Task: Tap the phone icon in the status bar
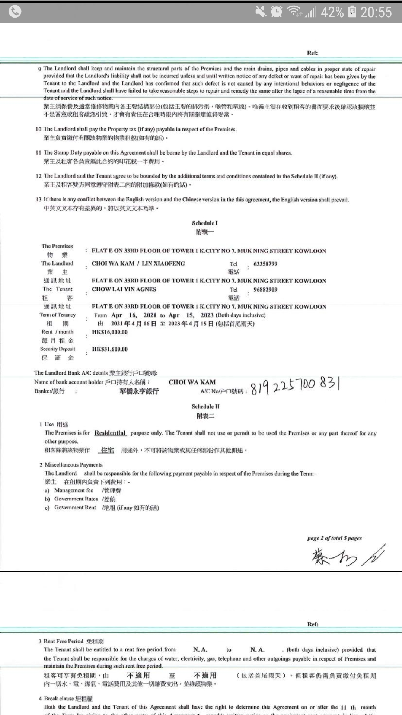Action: tap(15, 12)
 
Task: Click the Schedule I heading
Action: tap(205, 223)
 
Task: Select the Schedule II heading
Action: tap(205, 407)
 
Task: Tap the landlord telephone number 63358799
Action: tap(265, 264)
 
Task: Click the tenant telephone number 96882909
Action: tap(265, 289)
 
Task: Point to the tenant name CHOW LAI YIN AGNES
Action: tap(124, 289)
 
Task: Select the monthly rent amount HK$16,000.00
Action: tap(110, 332)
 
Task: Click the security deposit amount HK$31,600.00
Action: tap(110, 349)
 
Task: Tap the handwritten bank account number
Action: tap(295, 385)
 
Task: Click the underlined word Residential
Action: tap(110, 433)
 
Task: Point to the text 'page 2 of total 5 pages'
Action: tap(334, 538)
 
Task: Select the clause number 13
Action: tap(39, 200)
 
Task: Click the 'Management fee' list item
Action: tap(74, 490)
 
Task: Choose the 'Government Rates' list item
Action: tap(76, 499)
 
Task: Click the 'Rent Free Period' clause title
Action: tap(63, 641)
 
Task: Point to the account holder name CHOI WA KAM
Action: tap(192, 382)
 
